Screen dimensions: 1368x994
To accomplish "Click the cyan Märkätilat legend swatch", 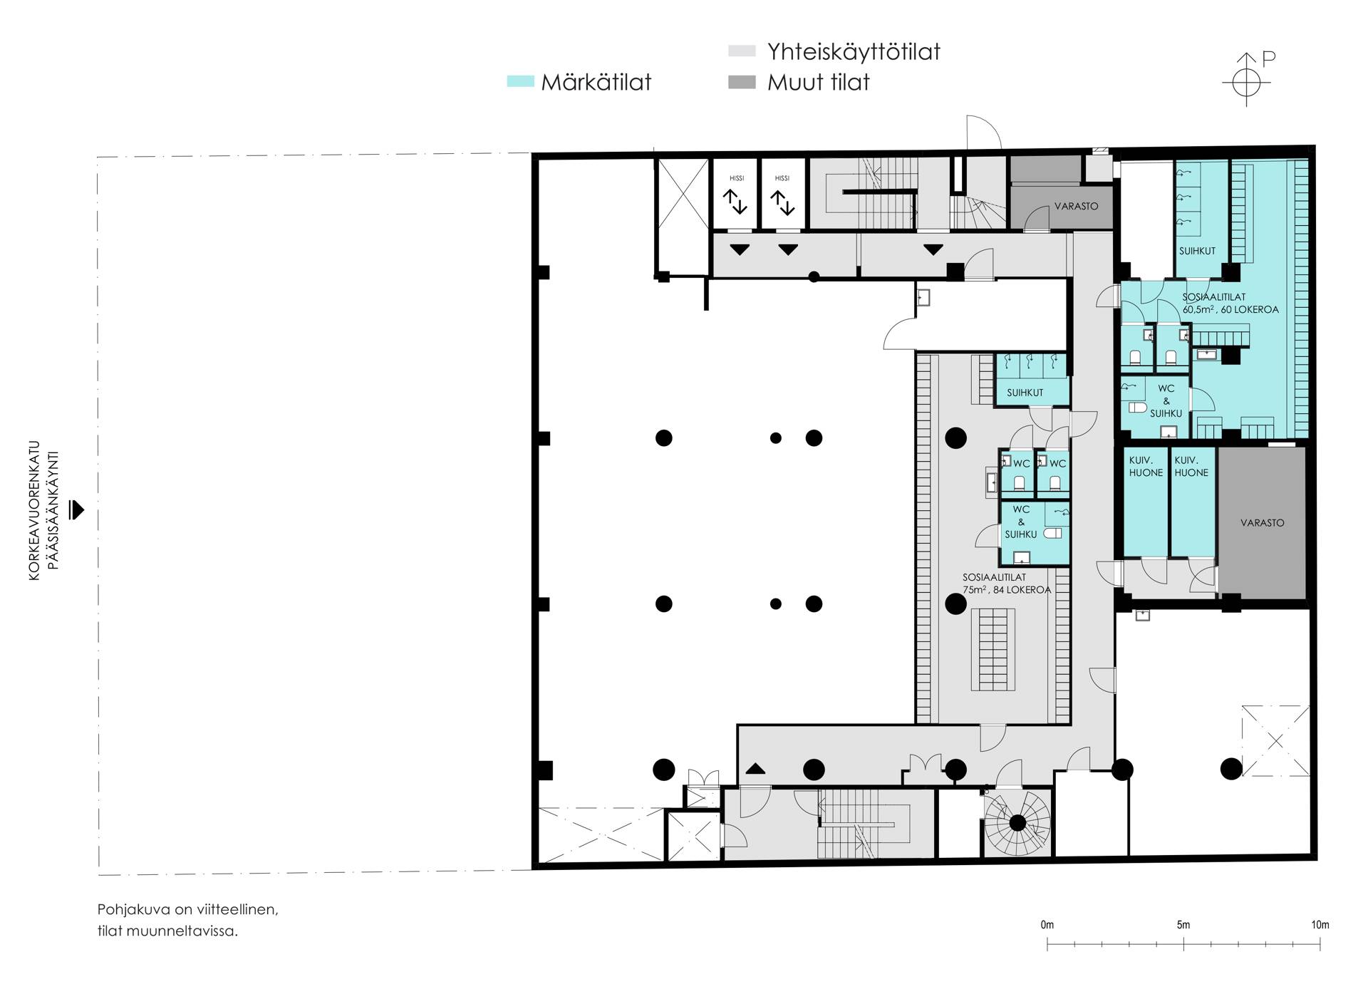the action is pos(520,82).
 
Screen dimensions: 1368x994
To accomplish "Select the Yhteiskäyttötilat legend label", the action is pos(854,52).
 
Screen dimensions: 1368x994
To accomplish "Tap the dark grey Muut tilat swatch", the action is pos(742,83).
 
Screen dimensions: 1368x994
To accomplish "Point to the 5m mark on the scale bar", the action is pos(1183,944).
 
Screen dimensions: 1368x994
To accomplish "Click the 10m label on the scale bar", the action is pos(1320,925).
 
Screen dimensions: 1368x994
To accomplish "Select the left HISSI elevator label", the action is pos(736,178).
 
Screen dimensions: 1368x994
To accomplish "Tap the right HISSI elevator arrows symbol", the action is pos(782,202).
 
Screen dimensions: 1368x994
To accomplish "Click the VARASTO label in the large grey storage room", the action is pos(1262,523).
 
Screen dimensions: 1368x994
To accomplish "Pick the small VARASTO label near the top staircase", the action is pos(1076,206).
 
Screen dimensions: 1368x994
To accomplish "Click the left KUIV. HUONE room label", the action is pos(1146,467).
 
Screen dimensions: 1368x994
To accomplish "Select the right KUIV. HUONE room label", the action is pos(1191,467).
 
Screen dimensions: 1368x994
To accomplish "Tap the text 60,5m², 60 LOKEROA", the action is pos(1230,310).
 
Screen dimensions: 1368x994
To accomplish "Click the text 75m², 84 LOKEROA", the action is pos(1007,590).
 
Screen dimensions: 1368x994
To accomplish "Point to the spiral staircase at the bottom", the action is pos(1017,824).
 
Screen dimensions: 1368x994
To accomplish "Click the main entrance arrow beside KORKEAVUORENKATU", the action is pos(76,510).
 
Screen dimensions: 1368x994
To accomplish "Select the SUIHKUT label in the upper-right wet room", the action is pos(1197,251).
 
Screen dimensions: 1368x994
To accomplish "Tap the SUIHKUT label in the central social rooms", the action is pos(1025,393).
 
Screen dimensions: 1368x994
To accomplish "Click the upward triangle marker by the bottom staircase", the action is pos(755,769).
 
